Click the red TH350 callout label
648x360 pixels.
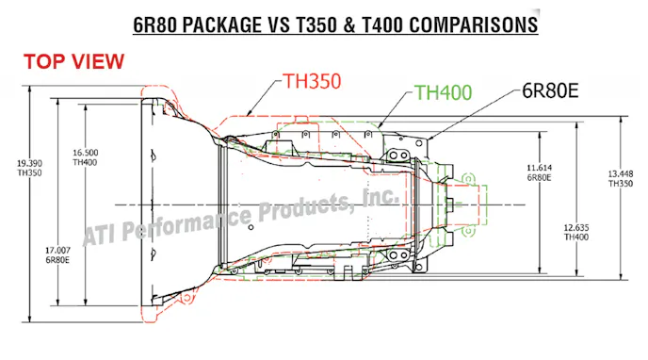tap(312, 81)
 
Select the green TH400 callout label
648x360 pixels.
tap(443, 92)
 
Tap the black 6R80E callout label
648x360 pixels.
tap(550, 90)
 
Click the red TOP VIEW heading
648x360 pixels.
tap(74, 61)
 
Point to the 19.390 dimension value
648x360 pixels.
tap(29, 163)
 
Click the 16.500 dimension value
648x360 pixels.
tap(86, 153)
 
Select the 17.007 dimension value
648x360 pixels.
tap(57, 251)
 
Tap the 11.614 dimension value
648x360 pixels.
tap(540, 168)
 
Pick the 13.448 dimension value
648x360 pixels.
tap(621, 173)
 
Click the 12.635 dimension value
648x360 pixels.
tap(576, 227)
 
